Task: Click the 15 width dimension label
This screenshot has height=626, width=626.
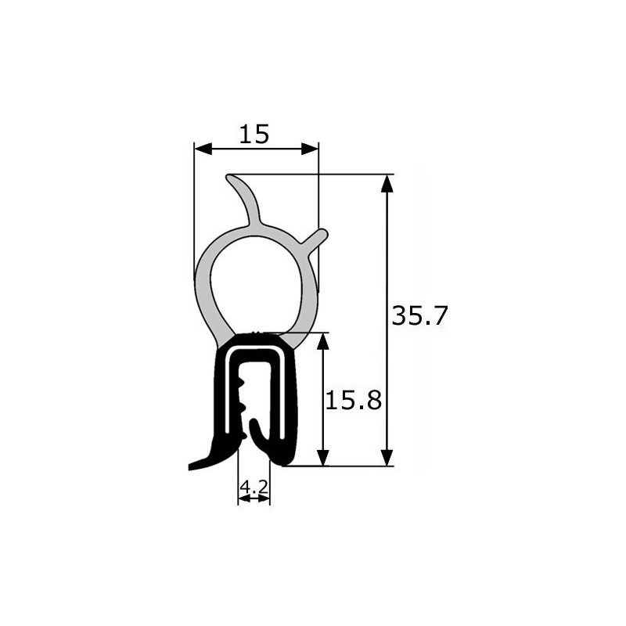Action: coord(254,134)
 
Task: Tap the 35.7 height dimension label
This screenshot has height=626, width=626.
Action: coord(420,316)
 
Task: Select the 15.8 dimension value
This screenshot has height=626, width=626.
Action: coord(354,401)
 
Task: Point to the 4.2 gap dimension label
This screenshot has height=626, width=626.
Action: coord(254,487)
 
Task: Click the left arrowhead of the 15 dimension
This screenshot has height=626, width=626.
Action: coord(203,149)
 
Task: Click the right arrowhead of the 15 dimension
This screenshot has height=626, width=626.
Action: coord(310,149)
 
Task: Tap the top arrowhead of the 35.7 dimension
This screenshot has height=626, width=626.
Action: coord(387,184)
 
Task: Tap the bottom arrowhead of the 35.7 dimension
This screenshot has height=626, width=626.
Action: coord(387,457)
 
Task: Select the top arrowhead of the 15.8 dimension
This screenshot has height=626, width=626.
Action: coord(323,341)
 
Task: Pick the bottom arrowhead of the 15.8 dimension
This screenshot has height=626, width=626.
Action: coord(323,458)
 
